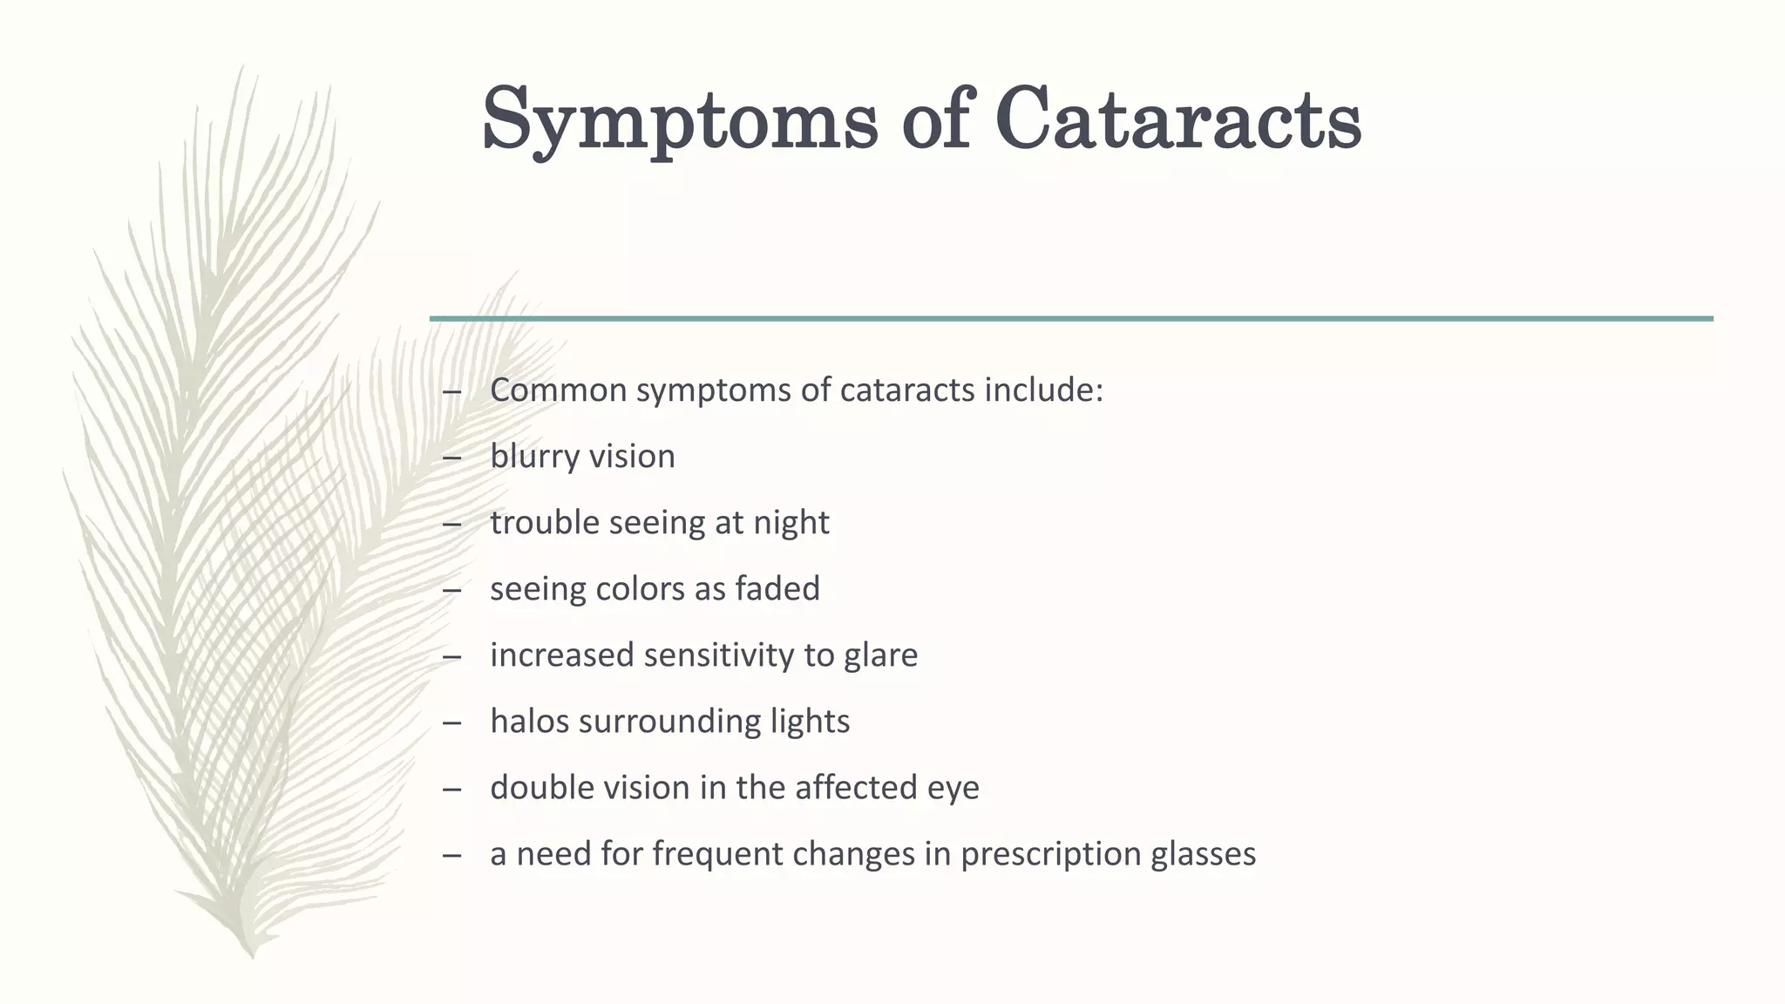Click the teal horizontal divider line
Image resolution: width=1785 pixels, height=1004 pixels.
[x=1071, y=319]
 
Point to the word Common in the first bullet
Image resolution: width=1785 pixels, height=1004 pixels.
[x=559, y=390]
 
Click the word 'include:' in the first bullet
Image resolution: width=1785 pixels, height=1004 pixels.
[x=1043, y=390]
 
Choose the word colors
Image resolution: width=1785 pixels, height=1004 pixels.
[x=635, y=589]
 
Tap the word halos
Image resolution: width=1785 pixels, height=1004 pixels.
[x=529, y=722]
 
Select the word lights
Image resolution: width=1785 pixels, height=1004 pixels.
[x=810, y=722]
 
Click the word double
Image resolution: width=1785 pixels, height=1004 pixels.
[x=541, y=788]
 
